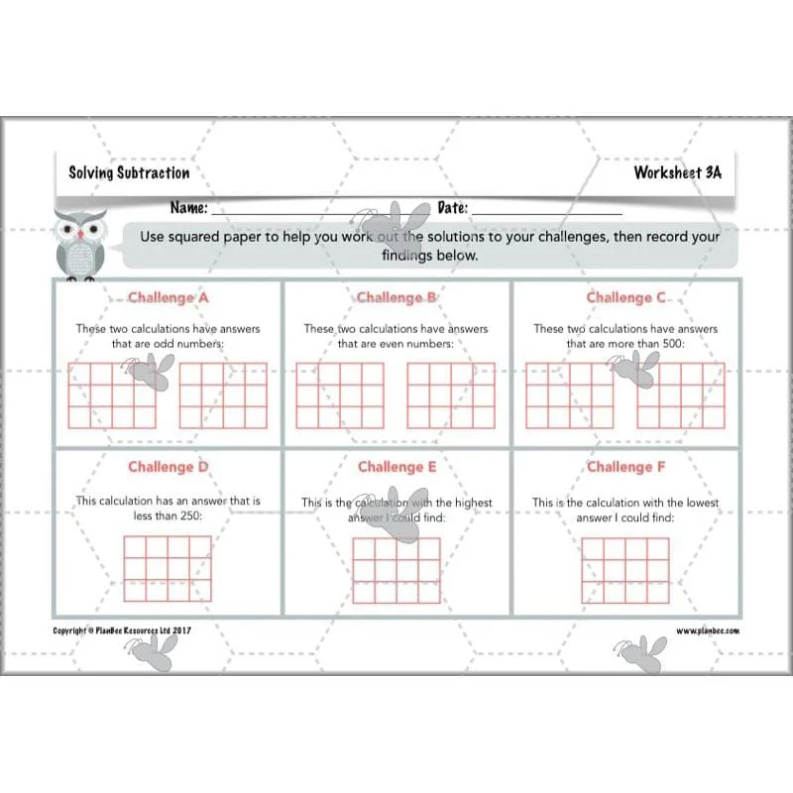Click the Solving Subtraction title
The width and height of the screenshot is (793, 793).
click(129, 172)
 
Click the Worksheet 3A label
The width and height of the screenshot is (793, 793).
click(678, 172)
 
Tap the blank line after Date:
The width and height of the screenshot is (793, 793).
click(547, 214)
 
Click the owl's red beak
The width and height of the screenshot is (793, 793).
click(80, 235)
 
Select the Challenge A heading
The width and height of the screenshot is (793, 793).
click(168, 297)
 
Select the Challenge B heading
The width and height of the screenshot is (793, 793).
click(396, 297)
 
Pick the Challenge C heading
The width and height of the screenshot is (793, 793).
click(625, 297)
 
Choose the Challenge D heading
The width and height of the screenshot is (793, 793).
click(168, 467)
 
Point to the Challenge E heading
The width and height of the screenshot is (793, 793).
click(397, 467)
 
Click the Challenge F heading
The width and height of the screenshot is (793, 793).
click(625, 467)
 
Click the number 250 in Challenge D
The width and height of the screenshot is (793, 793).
click(190, 515)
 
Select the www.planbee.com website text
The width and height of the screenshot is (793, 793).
click(708, 630)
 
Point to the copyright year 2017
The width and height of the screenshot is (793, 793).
click(181, 630)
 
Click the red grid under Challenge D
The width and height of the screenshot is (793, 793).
click(168, 568)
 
